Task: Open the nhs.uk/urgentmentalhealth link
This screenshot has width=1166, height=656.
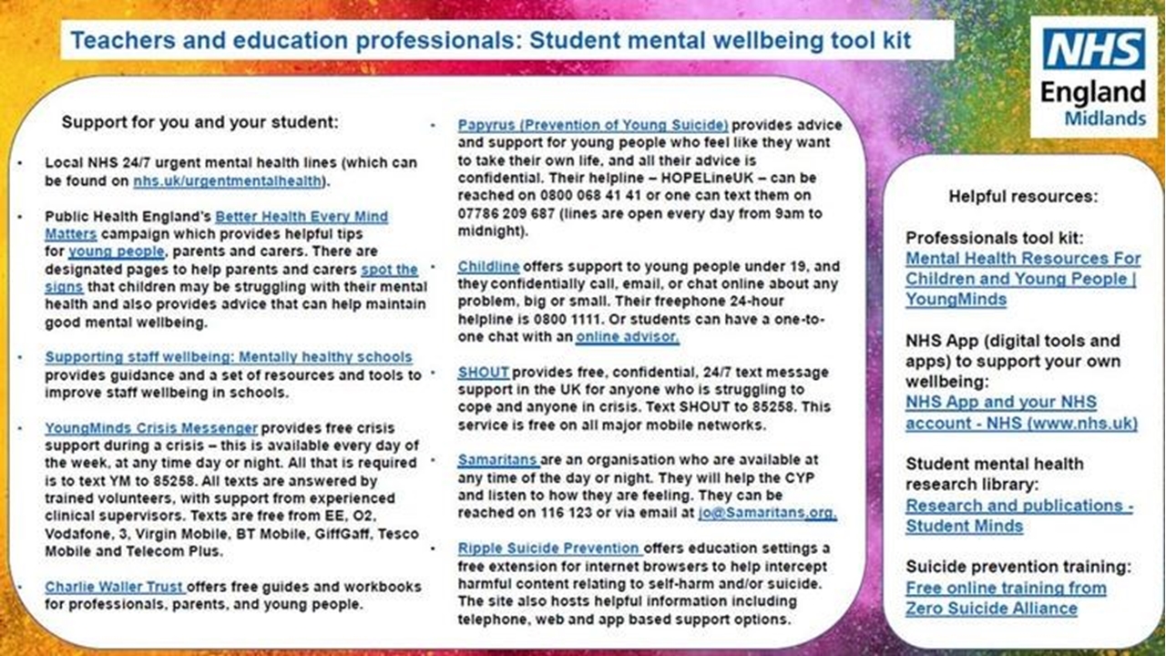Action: pyautogui.click(x=228, y=180)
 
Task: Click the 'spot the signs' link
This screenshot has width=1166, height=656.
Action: pyautogui.click(x=389, y=270)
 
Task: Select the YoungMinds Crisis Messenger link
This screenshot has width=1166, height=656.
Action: pyautogui.click(x=151, y=427)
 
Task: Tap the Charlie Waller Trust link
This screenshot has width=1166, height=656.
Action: pyautogui.click(x=115, y=587)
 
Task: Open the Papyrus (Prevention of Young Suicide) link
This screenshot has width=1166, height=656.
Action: pyautogui.click(x=593, y=125)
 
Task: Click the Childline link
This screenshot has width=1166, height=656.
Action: pyautogui.click(x=488, y=266)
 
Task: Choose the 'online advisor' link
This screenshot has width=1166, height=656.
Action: pyautogui.click(x=627, y=337)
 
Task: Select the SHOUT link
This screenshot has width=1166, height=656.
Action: pyautogui.click(x=483, y=373)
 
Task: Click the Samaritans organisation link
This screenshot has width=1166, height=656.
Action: pyautogui.click(x=498, y=460)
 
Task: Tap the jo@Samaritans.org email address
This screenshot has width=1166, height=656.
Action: pyautogui.click(x=780, y=513)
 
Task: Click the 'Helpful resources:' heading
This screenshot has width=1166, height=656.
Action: pyautogui.click(x=1023, y=196)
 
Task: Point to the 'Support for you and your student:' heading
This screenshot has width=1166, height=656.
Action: pyautogui.click(x=199, y=121)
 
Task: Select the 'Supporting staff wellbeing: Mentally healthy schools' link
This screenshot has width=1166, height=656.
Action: pyautogui.click(x=229, y=357)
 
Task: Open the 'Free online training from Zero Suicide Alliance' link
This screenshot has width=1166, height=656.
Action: pyautogui.click(x=1006, y=598)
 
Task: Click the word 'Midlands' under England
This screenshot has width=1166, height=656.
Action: pyautogui.click(x=1105, y=118)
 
